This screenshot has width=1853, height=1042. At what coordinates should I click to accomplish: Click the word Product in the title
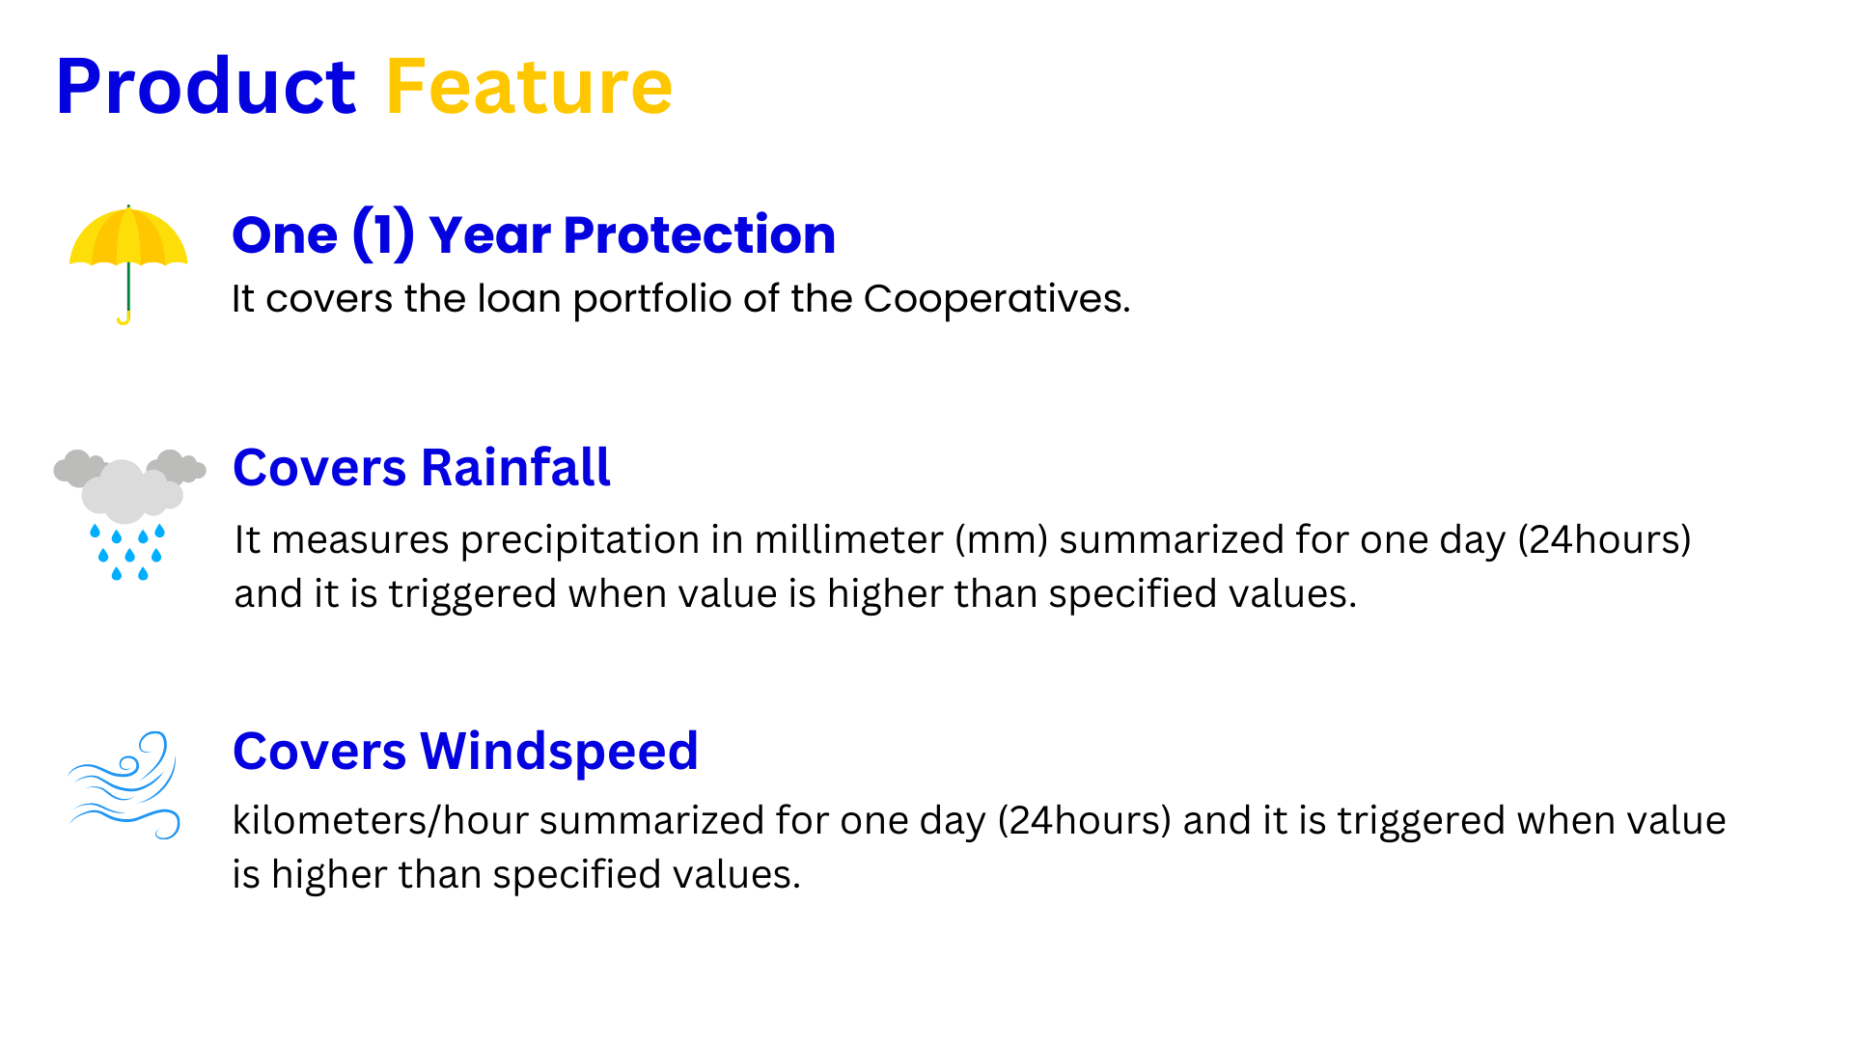pyautogui.click(x=206, y=87)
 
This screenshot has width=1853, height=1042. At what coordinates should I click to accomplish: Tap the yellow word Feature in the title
pyautogui.click(x=529, y=87)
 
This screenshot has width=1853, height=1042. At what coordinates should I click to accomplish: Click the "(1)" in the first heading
pyautogui.click(x=383, y=234)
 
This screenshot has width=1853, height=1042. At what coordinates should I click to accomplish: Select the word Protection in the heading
pyautogui.click(x=700, y=234)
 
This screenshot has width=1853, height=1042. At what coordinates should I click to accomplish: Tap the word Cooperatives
pyautogui.click(x=996, y=299)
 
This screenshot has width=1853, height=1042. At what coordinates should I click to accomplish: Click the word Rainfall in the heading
pyautogui.click(x=516, y=468)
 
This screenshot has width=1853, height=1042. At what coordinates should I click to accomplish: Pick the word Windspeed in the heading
pyautogui.click(x=559, y=752)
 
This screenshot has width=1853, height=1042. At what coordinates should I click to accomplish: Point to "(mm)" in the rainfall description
pyautogui.click(x=1002, y=540)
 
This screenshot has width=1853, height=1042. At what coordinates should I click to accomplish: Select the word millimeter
pyautogui.click(x=848, y=539)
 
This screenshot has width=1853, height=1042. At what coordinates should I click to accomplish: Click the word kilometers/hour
pyautogui.click(x=380, y=820)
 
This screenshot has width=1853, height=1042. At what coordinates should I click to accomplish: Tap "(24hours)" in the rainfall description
pyautogui.click(x=1604, y=540)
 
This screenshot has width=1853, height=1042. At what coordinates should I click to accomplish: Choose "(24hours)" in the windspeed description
pyautogui.click(x=1085, y=821)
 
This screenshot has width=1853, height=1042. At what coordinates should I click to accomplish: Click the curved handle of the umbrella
pyautogui.click(x=124, y=318)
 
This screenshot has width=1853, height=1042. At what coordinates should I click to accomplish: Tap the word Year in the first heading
pyautogui.click(x=490, y=234)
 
